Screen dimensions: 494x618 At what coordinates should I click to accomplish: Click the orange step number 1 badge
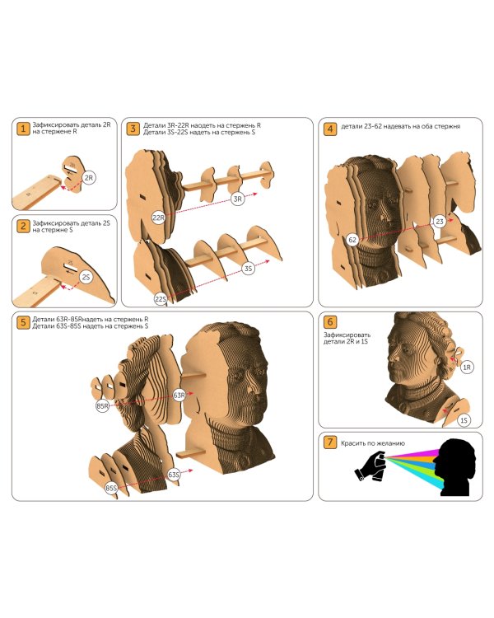point(23,129)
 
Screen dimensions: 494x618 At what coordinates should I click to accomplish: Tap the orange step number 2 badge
point(23,227)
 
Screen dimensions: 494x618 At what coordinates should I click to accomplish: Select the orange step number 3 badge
point(133,129)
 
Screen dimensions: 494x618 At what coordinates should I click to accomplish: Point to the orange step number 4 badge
point(330,129)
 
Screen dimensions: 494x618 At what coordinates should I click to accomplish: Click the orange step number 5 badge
point(23,322)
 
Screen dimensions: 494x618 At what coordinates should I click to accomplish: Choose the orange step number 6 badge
point(330,322)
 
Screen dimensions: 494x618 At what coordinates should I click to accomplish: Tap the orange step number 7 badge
point(330,442)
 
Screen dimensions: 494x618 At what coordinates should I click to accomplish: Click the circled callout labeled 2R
point(89,178)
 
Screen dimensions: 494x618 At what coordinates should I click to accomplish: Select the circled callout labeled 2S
point(86,277)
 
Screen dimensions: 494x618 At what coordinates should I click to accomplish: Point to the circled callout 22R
point(158,218)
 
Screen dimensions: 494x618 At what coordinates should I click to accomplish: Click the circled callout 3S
point(248,269)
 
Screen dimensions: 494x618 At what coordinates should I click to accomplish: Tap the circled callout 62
point(352,239)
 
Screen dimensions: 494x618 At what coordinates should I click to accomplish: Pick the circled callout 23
point(439,222)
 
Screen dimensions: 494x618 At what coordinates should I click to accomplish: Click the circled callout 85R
point(102,406)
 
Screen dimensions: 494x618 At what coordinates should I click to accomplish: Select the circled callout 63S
point(174,475)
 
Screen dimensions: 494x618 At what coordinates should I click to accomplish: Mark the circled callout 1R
point(467,368)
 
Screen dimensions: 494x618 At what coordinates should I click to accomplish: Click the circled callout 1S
point(464,420)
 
